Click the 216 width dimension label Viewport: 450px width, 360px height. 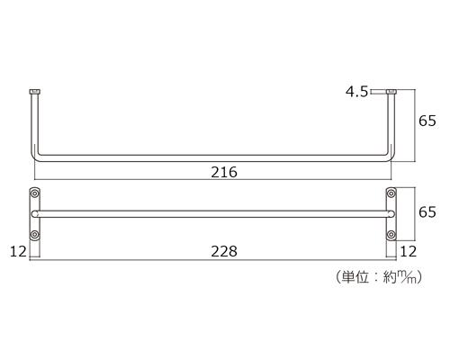224,173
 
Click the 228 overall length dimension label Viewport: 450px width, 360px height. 224,251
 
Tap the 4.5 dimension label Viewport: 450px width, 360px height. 356,92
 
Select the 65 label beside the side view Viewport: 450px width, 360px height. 427,121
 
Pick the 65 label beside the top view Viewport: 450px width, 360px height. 427,212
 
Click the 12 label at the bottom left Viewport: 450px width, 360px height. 18,251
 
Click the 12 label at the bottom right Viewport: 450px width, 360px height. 409,251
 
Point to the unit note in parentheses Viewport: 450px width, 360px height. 379,277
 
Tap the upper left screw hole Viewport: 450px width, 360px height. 35,193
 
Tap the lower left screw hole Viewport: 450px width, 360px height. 35,234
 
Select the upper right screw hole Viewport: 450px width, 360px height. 391,193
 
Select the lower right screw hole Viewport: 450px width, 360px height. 391,234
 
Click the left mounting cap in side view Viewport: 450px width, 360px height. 34,92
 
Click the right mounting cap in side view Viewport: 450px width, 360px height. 391,92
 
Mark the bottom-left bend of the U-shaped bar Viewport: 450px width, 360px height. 35,157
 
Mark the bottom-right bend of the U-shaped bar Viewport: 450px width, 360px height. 391,157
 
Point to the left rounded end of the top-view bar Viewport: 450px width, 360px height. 33,214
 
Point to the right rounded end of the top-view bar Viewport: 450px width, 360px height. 392,214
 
